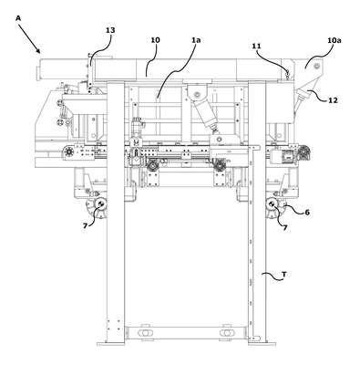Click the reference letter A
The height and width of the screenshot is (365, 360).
[x=18, y=18]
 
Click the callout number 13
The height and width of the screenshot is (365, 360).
[x=110, y=30]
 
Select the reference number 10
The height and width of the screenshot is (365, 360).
[x=155, y=40]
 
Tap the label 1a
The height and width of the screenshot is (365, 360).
[x=196, y=40]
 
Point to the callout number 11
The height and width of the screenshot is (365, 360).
[x=256, y=46]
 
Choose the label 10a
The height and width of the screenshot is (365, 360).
[x=334, y=40]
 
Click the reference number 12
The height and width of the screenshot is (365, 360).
[x=333, y=100]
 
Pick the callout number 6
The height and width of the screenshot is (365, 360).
[x=307, y=213]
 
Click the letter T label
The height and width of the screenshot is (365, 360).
[x=283, y=275]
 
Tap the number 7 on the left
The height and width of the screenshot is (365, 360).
[x=85, y=225]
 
